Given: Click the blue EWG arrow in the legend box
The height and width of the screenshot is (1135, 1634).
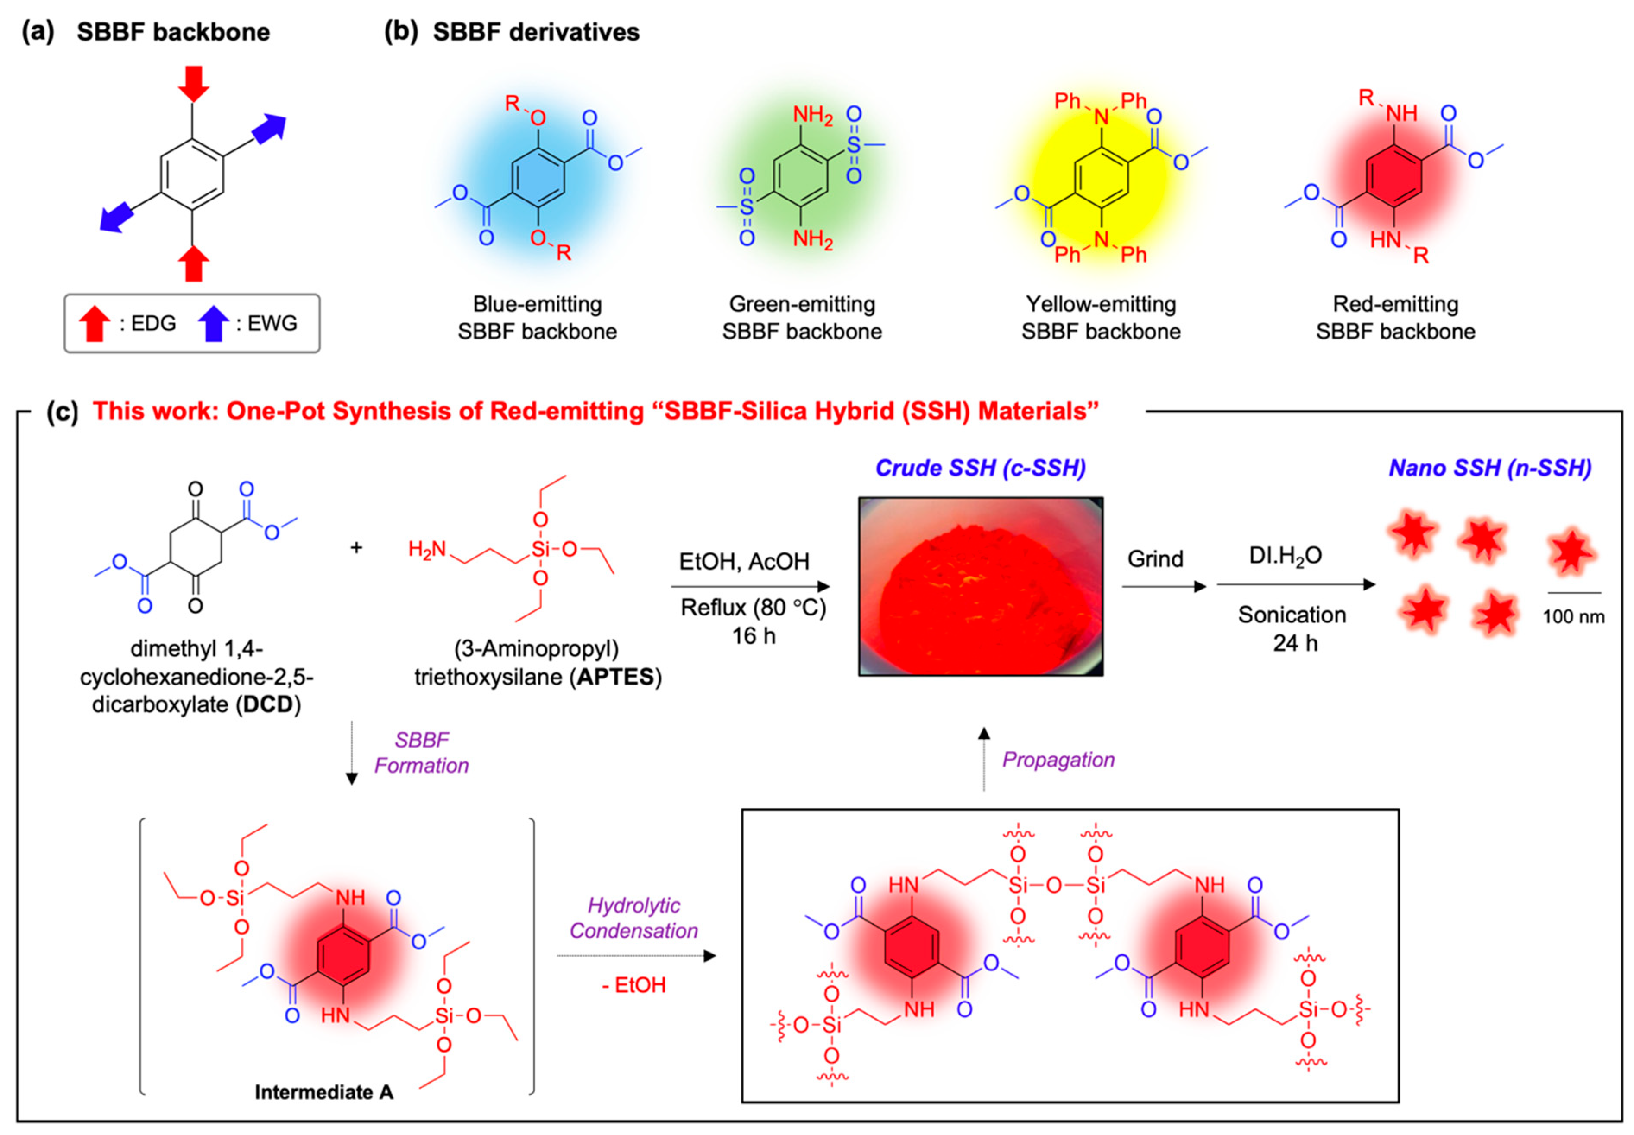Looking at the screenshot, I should (212, 323).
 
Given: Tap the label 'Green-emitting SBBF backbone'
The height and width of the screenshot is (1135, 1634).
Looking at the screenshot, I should (801, 317).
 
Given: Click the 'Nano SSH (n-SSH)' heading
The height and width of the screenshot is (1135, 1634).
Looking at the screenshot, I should (1490, 467).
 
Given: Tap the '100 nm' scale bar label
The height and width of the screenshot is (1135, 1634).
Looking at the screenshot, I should (1573, 617).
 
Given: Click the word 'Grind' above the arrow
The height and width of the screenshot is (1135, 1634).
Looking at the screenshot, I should (1155, 559).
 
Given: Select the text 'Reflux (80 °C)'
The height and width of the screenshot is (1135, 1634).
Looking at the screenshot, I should (753, 607).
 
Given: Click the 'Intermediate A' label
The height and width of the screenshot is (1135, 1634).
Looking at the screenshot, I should (323, 1092).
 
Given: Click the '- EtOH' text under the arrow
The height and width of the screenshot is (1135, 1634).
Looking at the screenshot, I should (633, 985).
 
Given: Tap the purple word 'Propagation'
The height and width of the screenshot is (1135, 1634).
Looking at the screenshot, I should (1058, 760).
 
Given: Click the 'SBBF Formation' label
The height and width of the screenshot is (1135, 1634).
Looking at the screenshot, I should (421, 752).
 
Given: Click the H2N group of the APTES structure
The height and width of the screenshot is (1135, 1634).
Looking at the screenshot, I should (427, 549).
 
